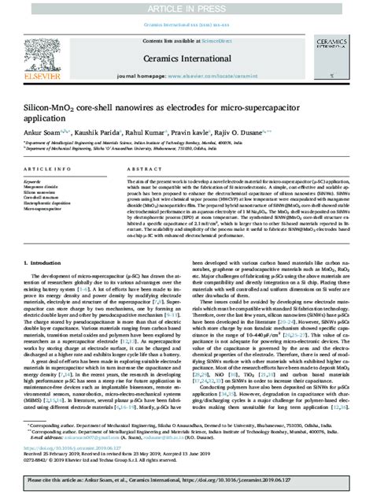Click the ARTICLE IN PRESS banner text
click(x=186, y=7)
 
